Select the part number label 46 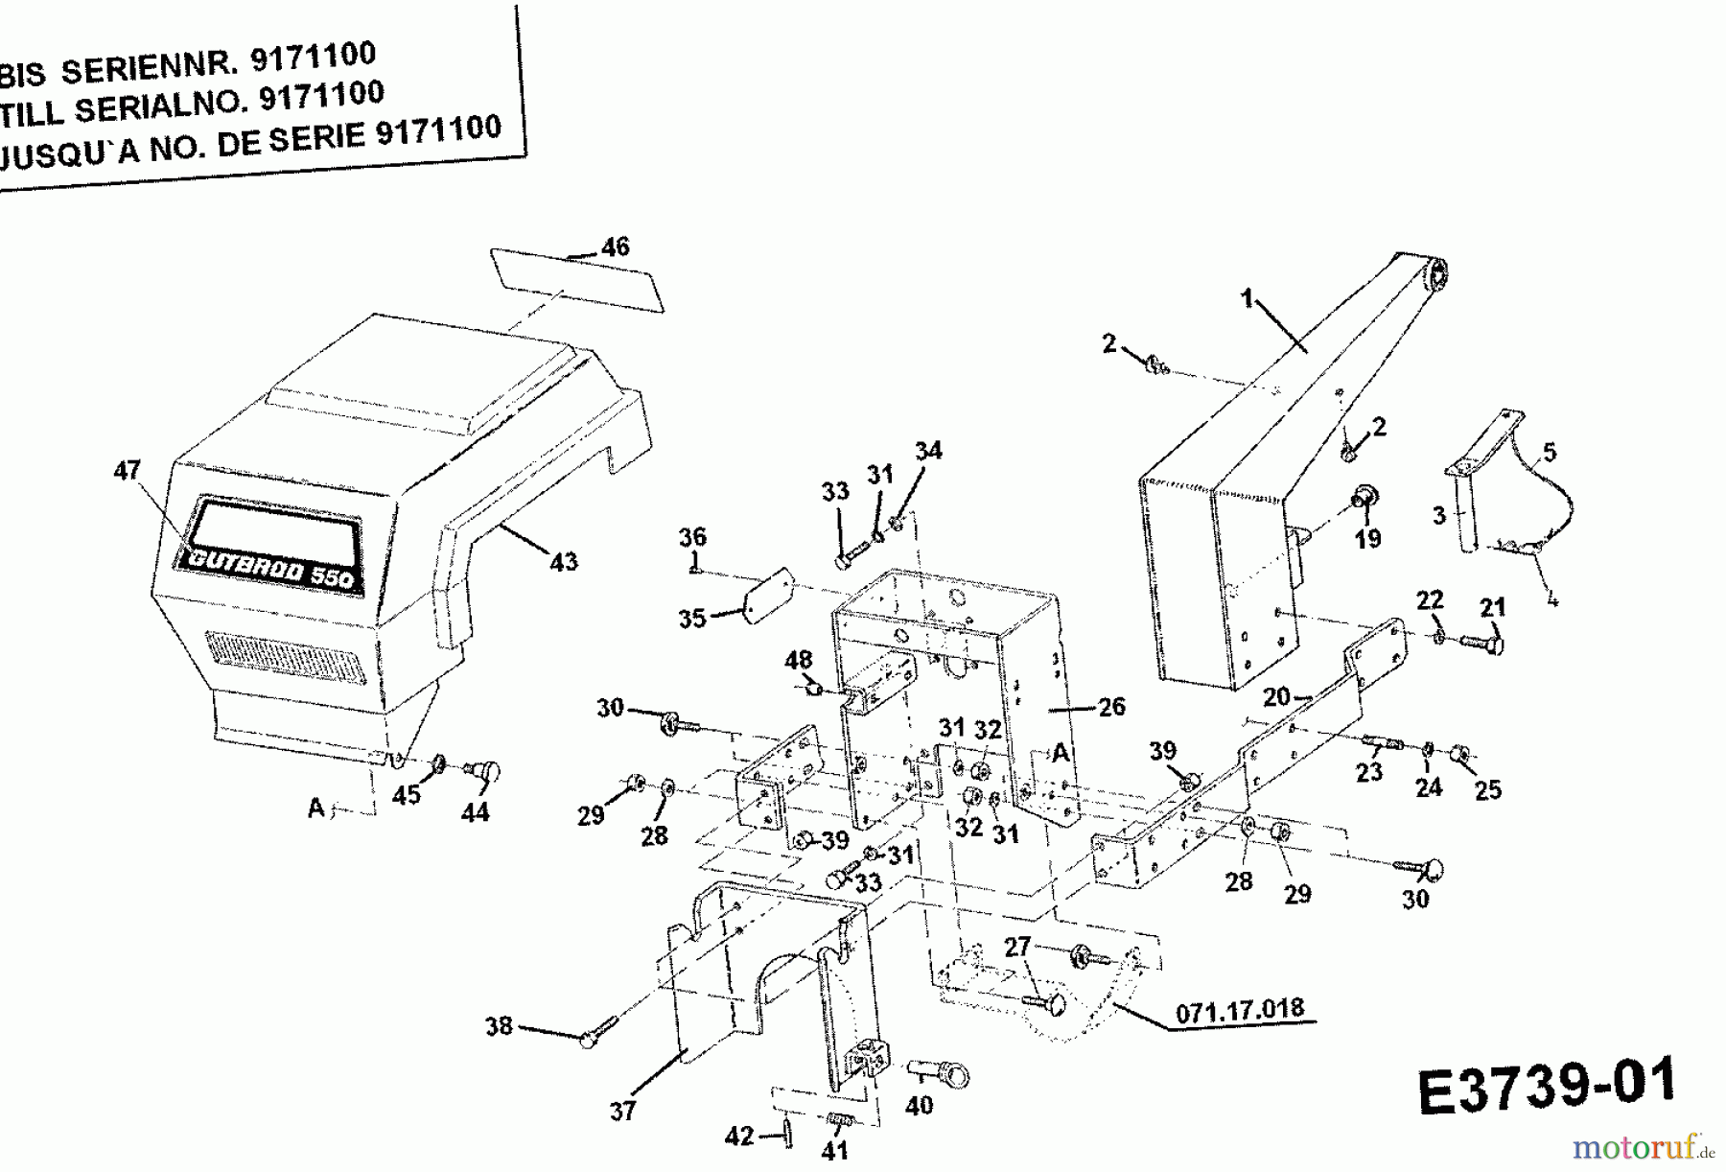(x=615, y=246)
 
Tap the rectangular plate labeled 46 (x=575, y=280)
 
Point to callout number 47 (x=128, y=471)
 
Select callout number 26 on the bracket (x=1111, y=708)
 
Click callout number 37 (x=623, y=1111)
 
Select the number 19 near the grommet (x=1367, y=538)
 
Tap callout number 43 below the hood (x=564, y=561)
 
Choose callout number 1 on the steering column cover (x=1247, y=299)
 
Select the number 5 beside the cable (x=1550, y=452)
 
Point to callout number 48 (x=798, y=660)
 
